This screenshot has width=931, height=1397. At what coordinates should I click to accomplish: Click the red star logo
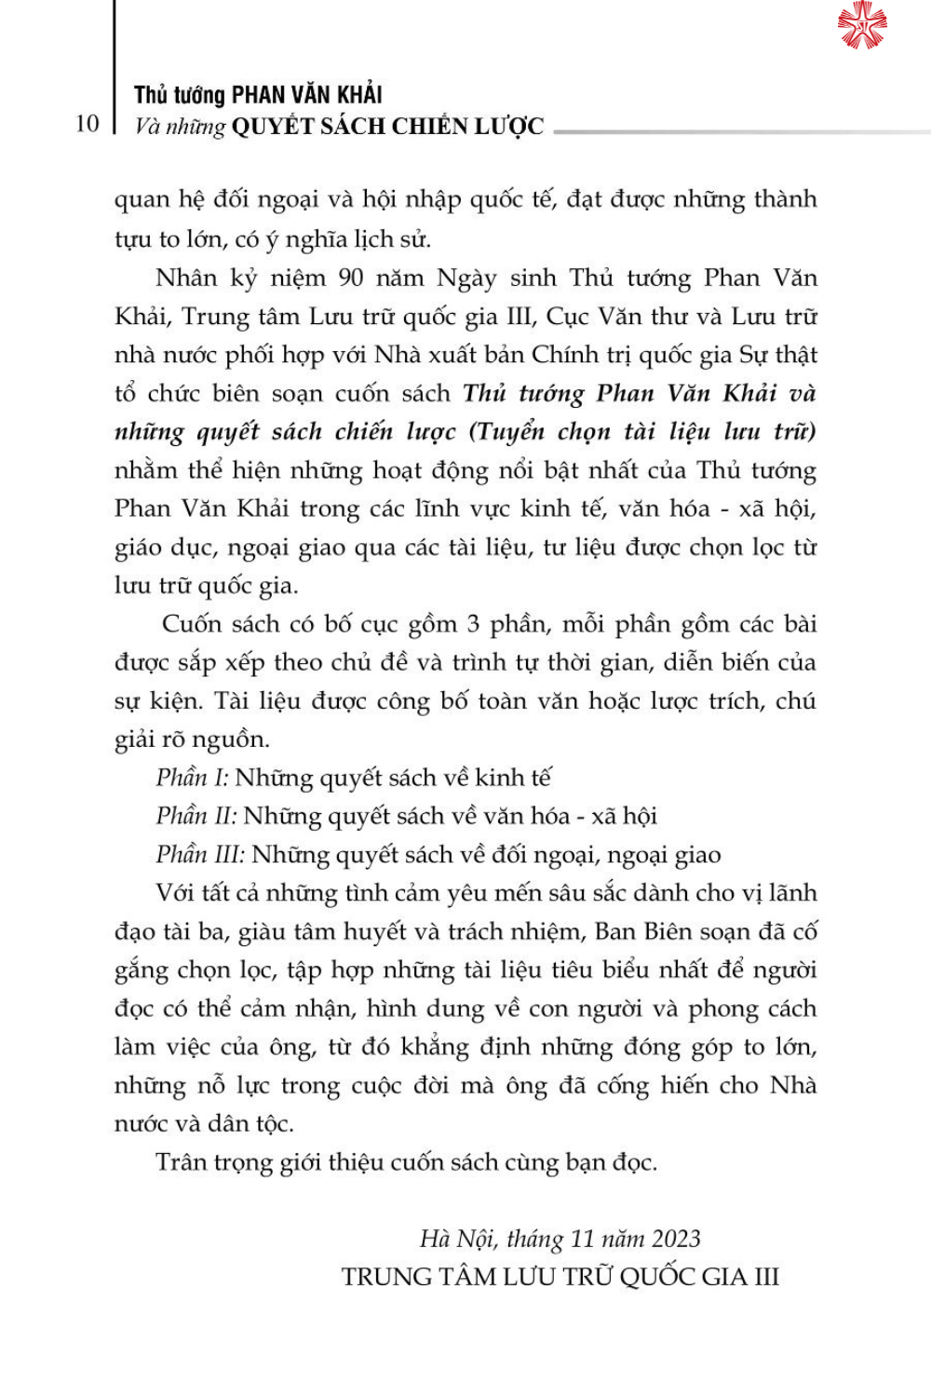coord(862,25)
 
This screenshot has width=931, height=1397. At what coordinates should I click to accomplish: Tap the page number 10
coord(87,124)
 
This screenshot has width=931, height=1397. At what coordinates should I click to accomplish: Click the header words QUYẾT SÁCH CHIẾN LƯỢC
coord(387,127)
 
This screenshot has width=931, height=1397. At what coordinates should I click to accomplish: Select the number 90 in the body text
coord(350,278)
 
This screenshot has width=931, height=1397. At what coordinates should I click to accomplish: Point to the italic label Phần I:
coord(192,778)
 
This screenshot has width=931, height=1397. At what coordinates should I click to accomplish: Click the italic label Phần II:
coord(196,817)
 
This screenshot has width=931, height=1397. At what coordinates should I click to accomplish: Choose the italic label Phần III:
coord(200,855)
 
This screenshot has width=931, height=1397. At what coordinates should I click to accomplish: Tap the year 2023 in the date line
coord(676,1239)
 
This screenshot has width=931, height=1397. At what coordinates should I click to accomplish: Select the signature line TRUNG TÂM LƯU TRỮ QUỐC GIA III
coord(560,1277)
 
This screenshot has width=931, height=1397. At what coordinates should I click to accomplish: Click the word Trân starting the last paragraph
coord(181,1162)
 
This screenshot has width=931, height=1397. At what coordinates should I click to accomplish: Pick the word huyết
coord(374,932)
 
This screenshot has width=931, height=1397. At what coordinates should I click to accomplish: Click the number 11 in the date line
coord(582,1239)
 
